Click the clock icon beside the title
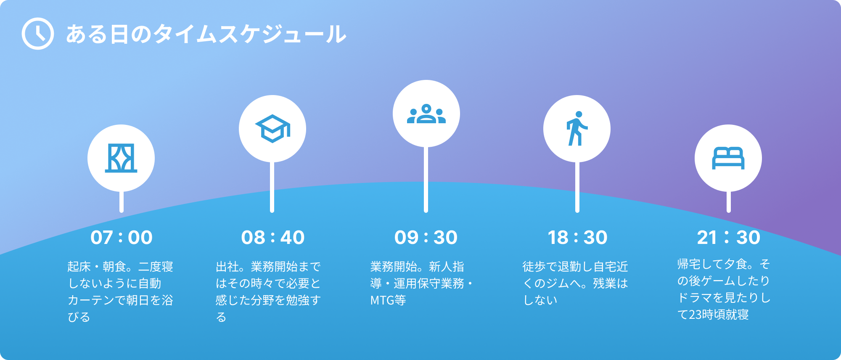[x=38, y=34]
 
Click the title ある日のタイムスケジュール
[x=206, y=34]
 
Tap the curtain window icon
[x=121, y=158]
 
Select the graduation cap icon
[x=272, y=129]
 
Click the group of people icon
[x=426, y=114]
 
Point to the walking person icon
[x=577, y=129]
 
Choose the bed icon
[x=728, y=158]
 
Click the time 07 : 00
[x=122, y=237]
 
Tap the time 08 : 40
[x=273, y=237]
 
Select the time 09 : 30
[x=426, y=237]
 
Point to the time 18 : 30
[x=577, y=237]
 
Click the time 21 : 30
[x=729, y=237]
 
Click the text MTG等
[x=388, y=300]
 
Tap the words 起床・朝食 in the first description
[x=99, y=267]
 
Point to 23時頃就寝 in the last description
[x=719, y=315]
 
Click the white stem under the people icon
[x=426, y=180]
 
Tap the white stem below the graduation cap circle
[x=272, y=187]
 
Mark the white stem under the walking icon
[x=577, y=187]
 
